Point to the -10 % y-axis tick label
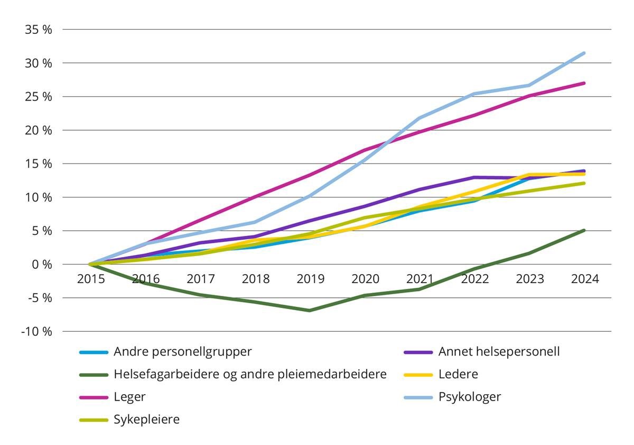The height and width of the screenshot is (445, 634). (37, 332)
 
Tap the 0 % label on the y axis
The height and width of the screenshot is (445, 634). (42, 265)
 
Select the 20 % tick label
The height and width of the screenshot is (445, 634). (39, 130)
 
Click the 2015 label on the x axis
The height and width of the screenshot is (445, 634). (91, 279)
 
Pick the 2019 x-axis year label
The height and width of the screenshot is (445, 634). (311, 279)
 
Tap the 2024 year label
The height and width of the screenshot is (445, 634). (584, 279)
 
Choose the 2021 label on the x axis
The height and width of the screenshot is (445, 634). (420, 279)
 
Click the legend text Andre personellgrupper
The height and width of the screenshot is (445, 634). (183, 352)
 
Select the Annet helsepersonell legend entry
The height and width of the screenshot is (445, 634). (499, 352)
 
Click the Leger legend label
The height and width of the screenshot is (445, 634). (129, 397)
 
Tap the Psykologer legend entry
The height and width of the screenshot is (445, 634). (470, 397)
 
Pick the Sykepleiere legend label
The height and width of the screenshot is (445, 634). (146, 420)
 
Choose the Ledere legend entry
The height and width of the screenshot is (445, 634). (458, 374)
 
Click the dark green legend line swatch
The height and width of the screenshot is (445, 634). (94, 375)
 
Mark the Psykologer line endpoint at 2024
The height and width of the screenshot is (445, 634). (584, 53)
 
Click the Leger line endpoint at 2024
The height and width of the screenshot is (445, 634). (584, 83)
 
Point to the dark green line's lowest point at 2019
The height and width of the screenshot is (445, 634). (310, 311)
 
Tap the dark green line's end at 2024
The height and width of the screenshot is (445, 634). (584, 230)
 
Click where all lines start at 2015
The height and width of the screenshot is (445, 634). (90, 264)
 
